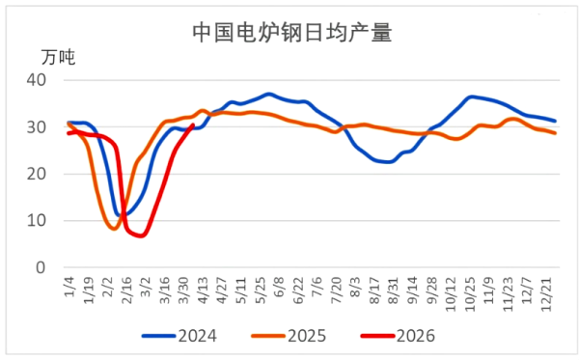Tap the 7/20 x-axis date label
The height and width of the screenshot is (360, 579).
pos(335,291)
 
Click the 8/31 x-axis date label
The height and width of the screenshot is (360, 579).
pos(393,291)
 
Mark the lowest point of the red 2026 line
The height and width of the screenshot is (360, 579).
pos(142,235)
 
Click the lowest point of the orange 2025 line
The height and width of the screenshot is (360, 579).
pos(114,229)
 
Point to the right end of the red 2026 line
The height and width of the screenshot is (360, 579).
pos(194,125)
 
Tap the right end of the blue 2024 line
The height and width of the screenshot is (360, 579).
pos(555,121)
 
